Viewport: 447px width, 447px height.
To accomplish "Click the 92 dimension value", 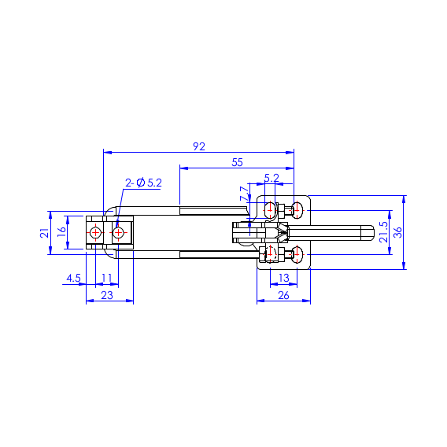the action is pyautogui.click(x=199, y=146).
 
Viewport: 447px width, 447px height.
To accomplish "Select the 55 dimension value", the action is pyautogui.click(x=237, y=162).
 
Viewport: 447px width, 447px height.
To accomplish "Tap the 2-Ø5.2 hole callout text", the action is pyautogui.click(x=143, y=183).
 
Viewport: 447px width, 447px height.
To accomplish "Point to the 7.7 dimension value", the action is pyautogui.click(x=244, y=194).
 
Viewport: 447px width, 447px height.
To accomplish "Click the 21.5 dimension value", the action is pyautogui.click(x=384, y=232).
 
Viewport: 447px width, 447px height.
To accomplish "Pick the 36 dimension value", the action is pyautogui.click(x=397, y=232).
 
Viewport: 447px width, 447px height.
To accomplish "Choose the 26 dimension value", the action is pyautogui.click(x=283, y=295).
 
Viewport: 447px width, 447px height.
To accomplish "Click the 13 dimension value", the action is pyautogui.click(x=284, y=278).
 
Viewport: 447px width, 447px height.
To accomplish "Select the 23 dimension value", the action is pyautogui.click(x=107, y=295).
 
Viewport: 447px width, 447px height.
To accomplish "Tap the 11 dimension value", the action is pyautogui.click(x=106, y=278).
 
